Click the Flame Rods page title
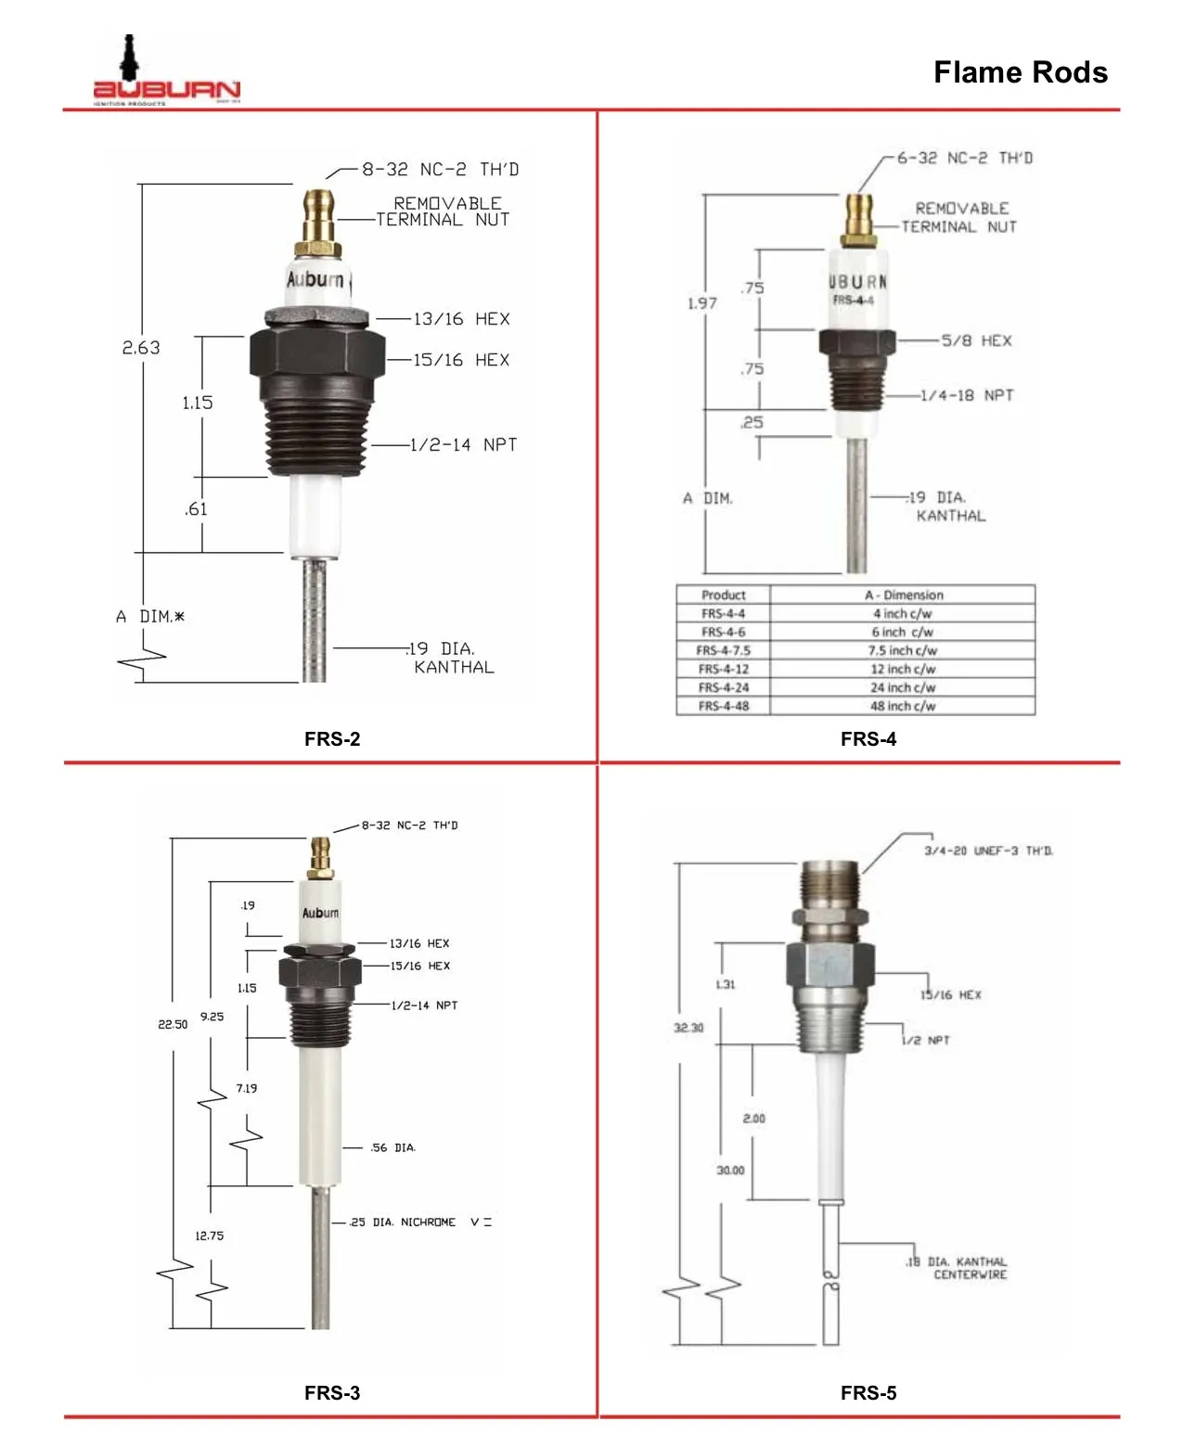1020,72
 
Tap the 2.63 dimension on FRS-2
141,348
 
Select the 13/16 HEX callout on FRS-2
461,319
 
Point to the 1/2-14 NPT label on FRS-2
463,445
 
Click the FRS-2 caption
332,739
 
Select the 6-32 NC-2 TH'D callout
964,159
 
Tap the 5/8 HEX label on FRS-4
976,341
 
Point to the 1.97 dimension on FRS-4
702,303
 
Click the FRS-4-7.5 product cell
723,650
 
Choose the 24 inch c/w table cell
902,687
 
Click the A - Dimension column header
903,595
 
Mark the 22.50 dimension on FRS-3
173,1024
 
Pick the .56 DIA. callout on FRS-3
392,1148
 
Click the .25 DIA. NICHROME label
403,1223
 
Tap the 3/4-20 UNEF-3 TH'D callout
988,851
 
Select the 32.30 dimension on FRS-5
688,1028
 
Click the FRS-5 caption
868,1393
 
